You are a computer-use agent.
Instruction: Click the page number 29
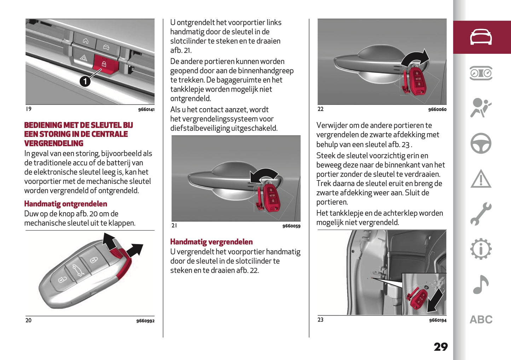point(441,347)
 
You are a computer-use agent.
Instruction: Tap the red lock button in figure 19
point(104,65)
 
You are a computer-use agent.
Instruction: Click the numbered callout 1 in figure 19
point(85,81)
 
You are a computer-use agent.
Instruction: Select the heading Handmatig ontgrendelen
point(65,204)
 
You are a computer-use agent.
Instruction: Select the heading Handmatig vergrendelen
point(211,242)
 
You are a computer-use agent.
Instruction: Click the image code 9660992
point(145,321)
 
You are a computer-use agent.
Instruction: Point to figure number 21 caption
point(174,226)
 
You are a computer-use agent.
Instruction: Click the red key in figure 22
point(417,81)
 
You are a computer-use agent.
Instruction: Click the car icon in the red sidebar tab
point(481,37)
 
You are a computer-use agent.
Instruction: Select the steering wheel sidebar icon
point(481,143)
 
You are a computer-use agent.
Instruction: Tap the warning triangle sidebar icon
point(481,179)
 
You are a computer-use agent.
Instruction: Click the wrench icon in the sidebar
point(481,214)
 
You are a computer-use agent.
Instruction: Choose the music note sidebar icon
point(481,284)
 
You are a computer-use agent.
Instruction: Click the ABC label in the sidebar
point(481,320)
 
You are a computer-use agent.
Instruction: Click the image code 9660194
point(437,320)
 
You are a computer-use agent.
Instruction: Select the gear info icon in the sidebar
point(481,249)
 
